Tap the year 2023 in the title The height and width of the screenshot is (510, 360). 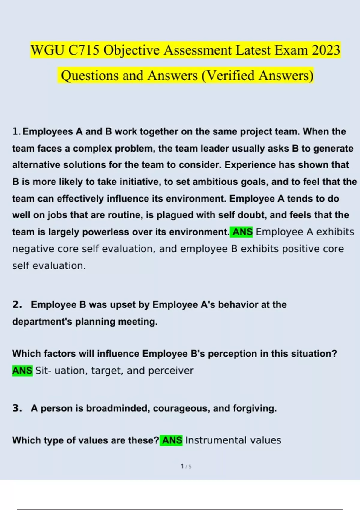(326, 50)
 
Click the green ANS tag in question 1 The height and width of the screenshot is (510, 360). (242, 232)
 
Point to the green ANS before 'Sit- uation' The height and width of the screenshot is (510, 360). (22, 370)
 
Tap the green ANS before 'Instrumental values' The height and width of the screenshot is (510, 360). (172, 440)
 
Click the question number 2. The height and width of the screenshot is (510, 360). (17, 304)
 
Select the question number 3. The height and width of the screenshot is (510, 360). (17, 408)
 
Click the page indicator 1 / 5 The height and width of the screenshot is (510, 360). (186, 466)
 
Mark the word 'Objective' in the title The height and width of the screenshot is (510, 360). (131, 50)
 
